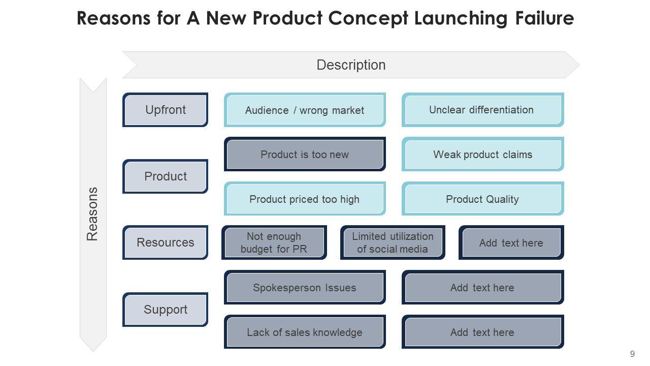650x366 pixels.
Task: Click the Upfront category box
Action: coord(166,110)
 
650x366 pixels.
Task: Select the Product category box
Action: coord(166,176)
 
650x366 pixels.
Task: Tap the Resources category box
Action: coord(166,242)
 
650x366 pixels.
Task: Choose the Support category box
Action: coord(166,310)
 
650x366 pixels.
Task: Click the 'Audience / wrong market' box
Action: coord(305,110)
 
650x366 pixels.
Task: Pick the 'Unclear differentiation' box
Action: coord(482,110)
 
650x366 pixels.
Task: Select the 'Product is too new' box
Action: coord(305,155)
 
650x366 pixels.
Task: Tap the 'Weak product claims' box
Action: coord(482,155)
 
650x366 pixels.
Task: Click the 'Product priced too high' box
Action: coord(305,199)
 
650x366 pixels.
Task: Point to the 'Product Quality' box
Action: coord(482,199)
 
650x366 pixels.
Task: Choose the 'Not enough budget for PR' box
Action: coord(274,242)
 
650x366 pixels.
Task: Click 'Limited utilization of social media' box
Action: coord(393,242)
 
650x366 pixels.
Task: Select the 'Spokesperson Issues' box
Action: coord(305,288)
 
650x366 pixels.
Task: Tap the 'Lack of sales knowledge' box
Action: coord(305,332)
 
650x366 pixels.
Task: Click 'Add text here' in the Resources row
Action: coord(511,242)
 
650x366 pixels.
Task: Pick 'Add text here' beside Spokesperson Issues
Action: coord(482,288)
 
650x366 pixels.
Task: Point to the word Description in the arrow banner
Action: coord(351,65)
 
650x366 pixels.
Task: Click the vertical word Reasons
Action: coord(92,214)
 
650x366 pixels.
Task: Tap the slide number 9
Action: coord(632,354)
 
